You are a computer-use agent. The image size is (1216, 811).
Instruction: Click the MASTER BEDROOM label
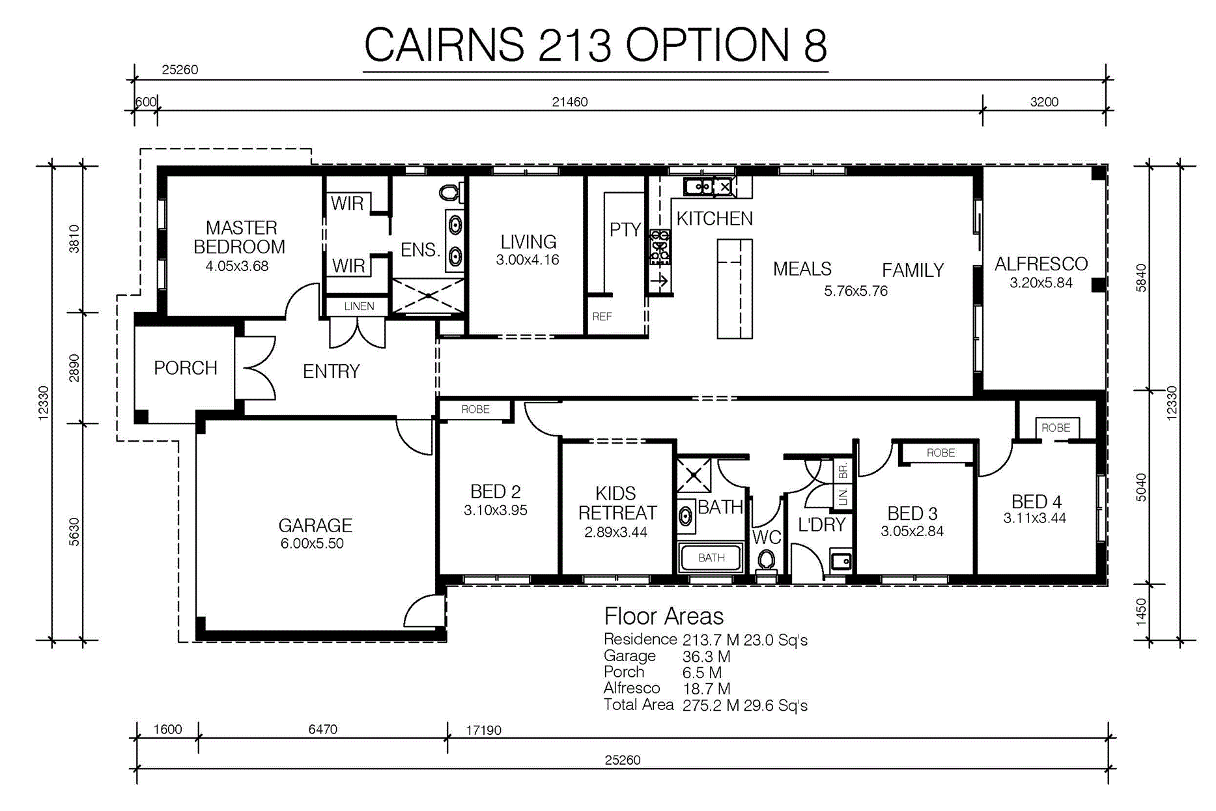[x=240, y=237]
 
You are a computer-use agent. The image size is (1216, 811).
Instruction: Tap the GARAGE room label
[x=315, y=525]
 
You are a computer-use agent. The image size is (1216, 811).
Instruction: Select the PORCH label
[x=186, y=368]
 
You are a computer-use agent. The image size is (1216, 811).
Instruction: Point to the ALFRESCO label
[x=1041, y=264]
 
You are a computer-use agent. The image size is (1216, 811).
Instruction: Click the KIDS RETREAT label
[x=617, y=503]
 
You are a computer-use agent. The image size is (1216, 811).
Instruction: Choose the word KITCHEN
[x=714, y=218]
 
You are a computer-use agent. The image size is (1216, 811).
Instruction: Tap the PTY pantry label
[x=625, y=229]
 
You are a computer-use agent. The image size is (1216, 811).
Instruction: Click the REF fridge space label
[x=602, y=317]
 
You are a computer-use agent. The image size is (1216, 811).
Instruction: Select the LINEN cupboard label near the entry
[x=359, y=306]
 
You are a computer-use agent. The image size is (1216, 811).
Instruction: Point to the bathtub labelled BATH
[x=711, y=558]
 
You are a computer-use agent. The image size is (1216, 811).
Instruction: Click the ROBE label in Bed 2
[x=475, y=409]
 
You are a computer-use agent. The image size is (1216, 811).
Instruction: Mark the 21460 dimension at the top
[x=570, y=102]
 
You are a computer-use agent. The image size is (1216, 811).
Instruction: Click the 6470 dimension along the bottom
[x=323, y=729]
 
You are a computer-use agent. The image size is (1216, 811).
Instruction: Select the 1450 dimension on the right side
[x=1140, y=612]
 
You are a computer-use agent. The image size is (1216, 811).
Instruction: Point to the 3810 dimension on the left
[x=74, y=238]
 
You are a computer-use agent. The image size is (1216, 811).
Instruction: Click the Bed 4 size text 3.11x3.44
[x=1035, y=519]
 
